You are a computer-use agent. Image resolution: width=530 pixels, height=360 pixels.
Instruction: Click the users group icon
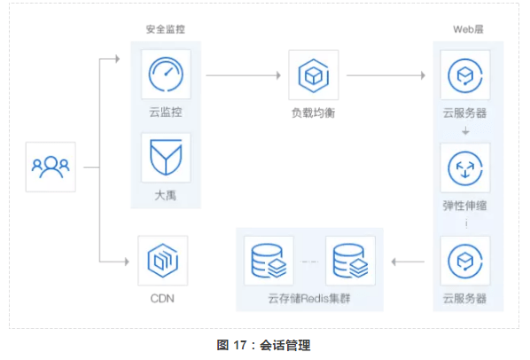click(x=51, y=167)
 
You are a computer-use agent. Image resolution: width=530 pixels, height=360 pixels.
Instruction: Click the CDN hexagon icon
click(x=163, y=261)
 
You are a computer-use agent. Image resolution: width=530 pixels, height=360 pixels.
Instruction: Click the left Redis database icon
click(x=269, y=261)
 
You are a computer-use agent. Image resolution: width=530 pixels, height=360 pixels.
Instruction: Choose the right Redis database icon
click(x=350, y=261)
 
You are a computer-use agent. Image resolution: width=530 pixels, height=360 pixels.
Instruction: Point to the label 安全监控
click(x=165, y=29)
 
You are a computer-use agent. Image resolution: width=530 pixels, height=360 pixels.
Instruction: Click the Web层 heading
click(x=468, y=29)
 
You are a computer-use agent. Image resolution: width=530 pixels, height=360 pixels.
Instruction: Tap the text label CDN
click(x=162, y=299)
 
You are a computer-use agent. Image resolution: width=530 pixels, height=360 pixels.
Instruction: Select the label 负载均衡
click(x=314, y=113)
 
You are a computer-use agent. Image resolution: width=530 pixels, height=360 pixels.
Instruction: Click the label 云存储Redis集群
click(x=309, y=299)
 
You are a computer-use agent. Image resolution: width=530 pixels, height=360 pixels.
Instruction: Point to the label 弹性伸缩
click(x=464, y=206)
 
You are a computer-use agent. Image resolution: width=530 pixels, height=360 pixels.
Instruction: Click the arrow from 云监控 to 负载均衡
click(x=244, y=75)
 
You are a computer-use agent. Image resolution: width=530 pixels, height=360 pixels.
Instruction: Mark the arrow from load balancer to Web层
click(x=386, y=75)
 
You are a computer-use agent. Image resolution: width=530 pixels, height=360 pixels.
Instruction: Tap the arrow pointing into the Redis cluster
click(x=408, y=262)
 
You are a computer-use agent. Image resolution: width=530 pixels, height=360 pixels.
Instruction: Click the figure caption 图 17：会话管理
click(x=263, y=345)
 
